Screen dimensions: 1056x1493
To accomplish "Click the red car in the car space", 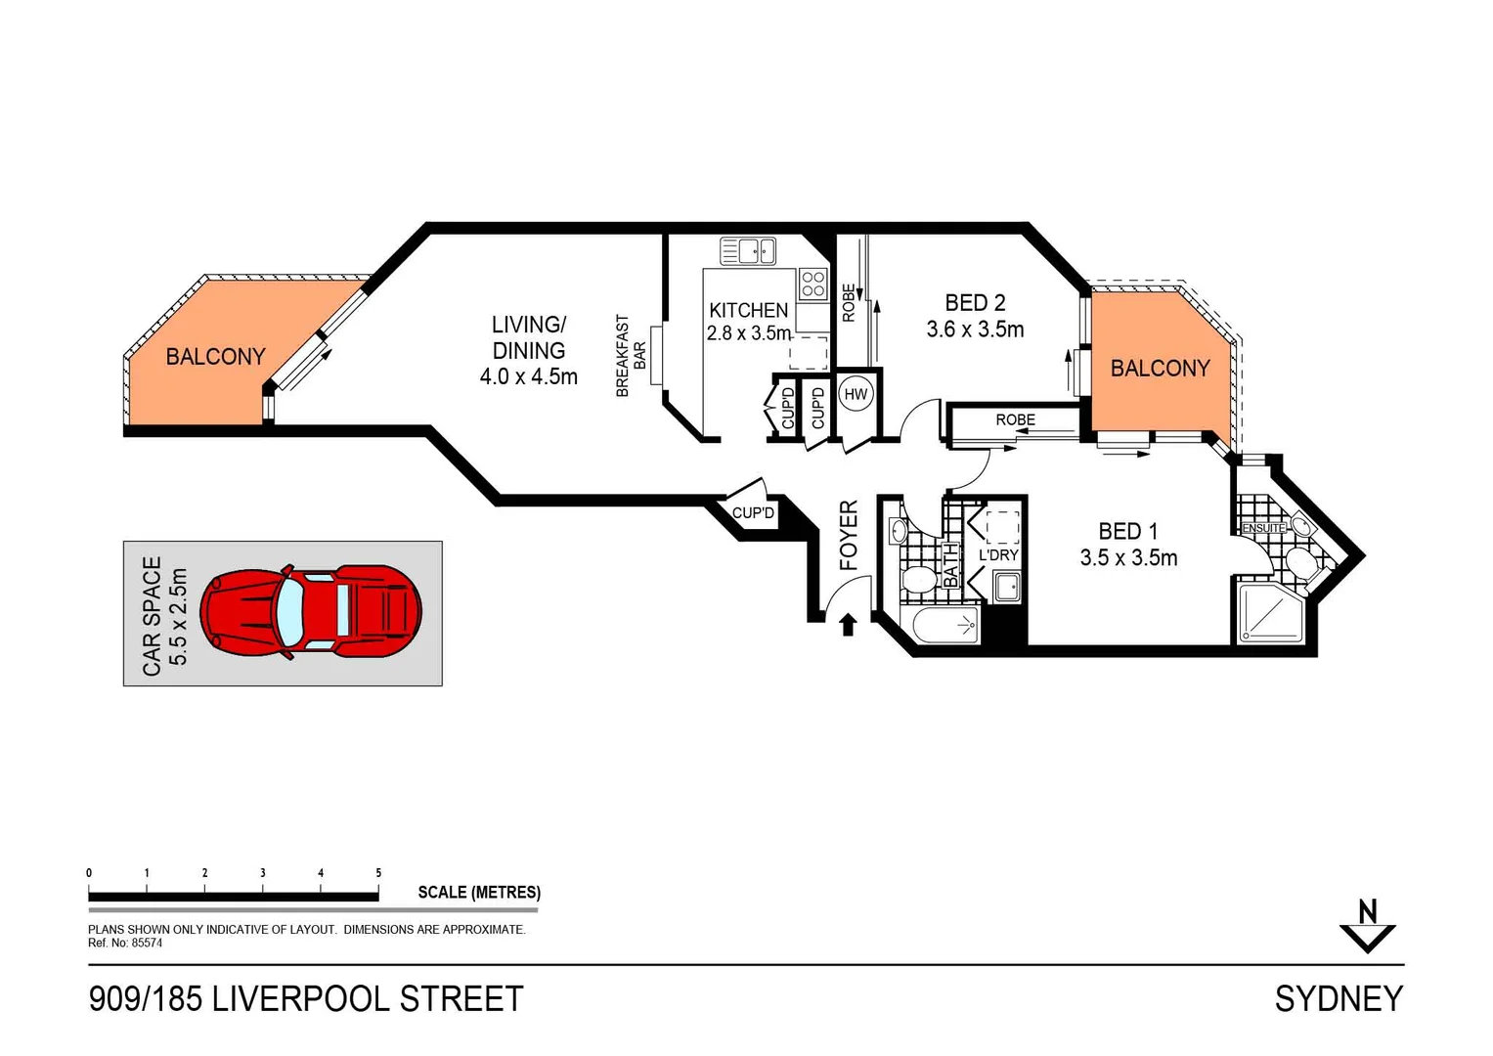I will pos(311,612).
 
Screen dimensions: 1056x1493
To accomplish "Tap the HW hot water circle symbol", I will pos(856,394).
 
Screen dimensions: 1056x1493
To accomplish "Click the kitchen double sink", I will pos(748,251).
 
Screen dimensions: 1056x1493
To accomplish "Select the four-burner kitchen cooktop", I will pos(813,284).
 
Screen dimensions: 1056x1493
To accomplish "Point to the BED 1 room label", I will pos(1127,531).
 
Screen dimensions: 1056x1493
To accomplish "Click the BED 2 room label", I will pos(974,303).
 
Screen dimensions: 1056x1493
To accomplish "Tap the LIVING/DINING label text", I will pos(528,337).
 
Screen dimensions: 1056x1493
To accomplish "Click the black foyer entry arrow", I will pos(848,624).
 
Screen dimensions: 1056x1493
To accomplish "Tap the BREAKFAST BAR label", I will pos(631,355).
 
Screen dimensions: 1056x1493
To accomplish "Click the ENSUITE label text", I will pos(1263,528).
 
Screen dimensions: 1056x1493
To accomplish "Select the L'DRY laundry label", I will pos(998,554).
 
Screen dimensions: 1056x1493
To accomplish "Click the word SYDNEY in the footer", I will pos(1339,998).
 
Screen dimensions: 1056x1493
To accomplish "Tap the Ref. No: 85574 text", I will pos(125,944).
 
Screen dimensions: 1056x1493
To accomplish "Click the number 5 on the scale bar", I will pos(378,872).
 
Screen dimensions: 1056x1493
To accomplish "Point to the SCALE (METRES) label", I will pos(478,892).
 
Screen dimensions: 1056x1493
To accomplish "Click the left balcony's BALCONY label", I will pos(215,357).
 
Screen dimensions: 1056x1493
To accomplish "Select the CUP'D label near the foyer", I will pos(753,513).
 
